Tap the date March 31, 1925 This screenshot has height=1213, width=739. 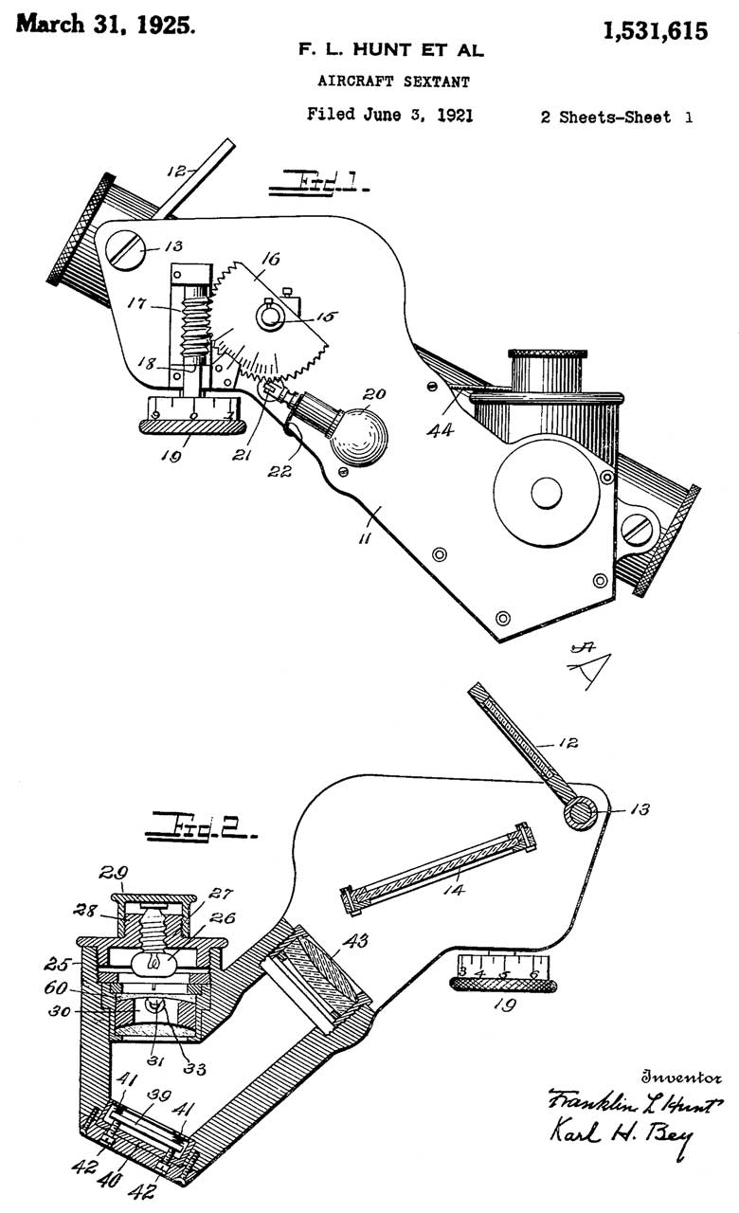[106, 26]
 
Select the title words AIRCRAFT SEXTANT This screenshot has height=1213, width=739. [392, 82]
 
